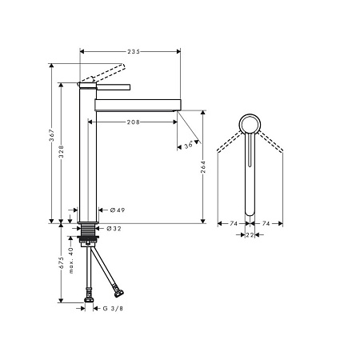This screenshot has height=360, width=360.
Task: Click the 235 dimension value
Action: tap(134, 51)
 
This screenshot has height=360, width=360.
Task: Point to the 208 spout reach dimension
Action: tap(134, 122)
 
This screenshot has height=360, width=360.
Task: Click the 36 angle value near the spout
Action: tap(189, 145)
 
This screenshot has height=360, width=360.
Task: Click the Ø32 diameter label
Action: tap(114, 228)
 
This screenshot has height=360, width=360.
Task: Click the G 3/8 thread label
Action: tap(112, 308)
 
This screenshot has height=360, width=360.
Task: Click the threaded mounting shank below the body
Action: tap(88, 233)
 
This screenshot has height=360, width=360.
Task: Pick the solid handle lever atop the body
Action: tap(108, 83)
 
